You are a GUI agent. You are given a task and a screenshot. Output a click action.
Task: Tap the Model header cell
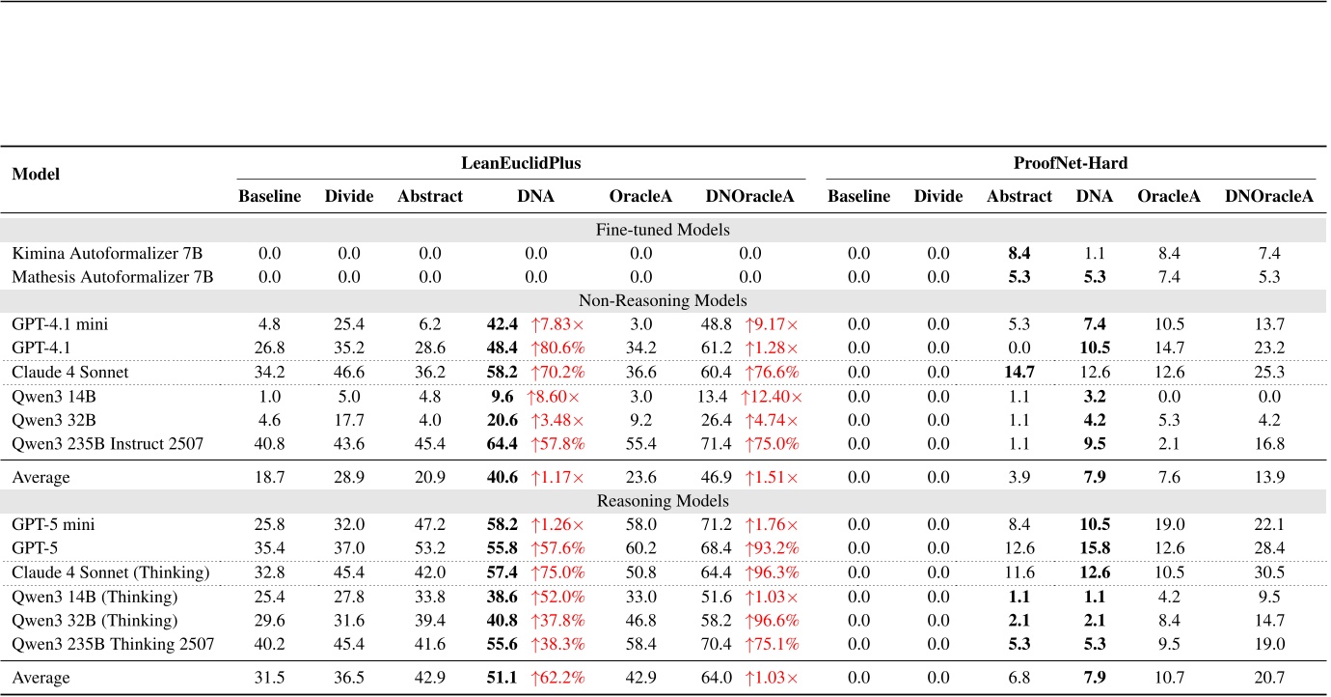tap(36, 175)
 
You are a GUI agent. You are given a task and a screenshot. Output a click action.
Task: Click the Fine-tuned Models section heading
tap(664, 231)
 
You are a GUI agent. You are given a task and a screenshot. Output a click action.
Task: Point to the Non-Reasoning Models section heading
tap(664, 300)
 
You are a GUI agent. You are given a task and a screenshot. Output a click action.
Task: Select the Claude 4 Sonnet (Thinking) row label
tap(110, 572)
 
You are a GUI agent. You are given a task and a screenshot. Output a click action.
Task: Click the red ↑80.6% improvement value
tap(559, 348)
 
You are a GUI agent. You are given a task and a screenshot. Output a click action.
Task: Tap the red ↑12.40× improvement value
tap(772, 397)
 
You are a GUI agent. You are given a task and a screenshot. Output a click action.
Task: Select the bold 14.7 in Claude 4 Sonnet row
tap(1019, 372)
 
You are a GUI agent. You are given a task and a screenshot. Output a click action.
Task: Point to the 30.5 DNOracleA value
tap(1269, 572)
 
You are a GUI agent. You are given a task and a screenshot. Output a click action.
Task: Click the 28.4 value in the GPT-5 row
tap(1269, 548)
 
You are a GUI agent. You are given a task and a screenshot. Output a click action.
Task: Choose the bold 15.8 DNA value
tap(1094, 548)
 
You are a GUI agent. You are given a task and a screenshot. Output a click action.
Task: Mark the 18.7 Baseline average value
tap(269, 477)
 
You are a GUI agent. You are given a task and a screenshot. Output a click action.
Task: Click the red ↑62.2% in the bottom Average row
tap(559, 677)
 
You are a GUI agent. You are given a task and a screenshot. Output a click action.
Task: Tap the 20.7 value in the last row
tap(1269, 677)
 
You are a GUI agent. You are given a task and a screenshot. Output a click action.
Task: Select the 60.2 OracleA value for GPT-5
tap(640, 548)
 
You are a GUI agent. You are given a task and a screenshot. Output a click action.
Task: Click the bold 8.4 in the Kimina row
tap(1019, 254)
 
